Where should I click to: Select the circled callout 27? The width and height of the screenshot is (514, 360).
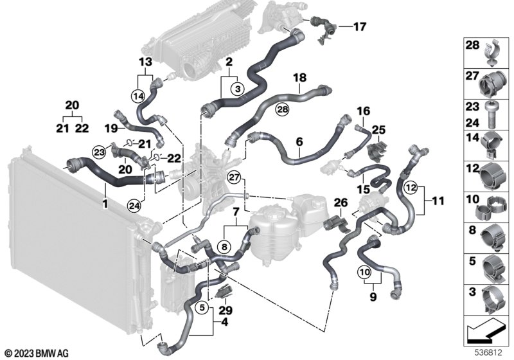click(235, 177)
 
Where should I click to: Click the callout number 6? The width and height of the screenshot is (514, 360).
click(299, 139)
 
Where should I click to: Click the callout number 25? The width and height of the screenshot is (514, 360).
click(378, 129)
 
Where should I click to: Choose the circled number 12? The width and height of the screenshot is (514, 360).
click(412, 187)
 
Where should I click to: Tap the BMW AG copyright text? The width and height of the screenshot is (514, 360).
click(39, 353)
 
